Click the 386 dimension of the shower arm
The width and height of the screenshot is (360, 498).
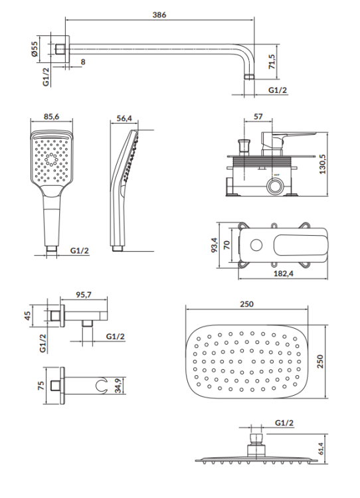(x=157, y=14)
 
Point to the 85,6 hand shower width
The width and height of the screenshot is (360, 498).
(x=51, y=117)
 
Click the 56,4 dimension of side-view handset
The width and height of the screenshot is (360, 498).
(x=124, y=117)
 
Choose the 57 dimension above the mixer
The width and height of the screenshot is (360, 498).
(x=258, y=117)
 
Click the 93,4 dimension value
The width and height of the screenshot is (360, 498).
(x=215, y=246)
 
